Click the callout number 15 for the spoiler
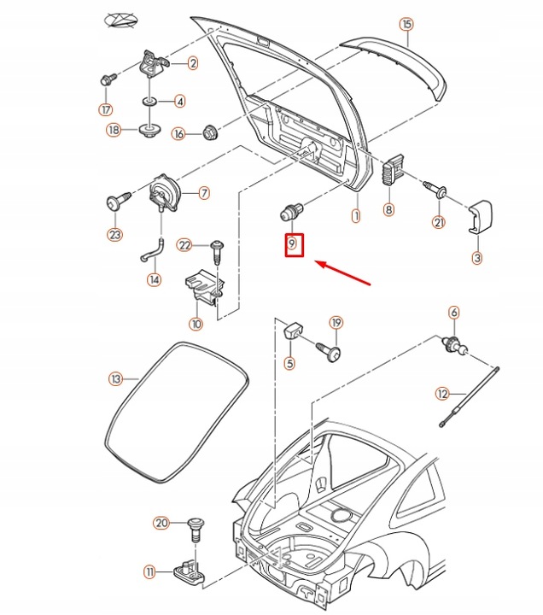[406, 24]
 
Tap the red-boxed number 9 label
[292, 245]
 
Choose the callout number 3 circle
[476, 257]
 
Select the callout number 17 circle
[105, 109]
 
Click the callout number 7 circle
[204, 193]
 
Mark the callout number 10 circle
[196, 324]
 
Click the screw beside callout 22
[216, 249]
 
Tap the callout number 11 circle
[150, 571]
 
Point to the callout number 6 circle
[453, 313]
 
